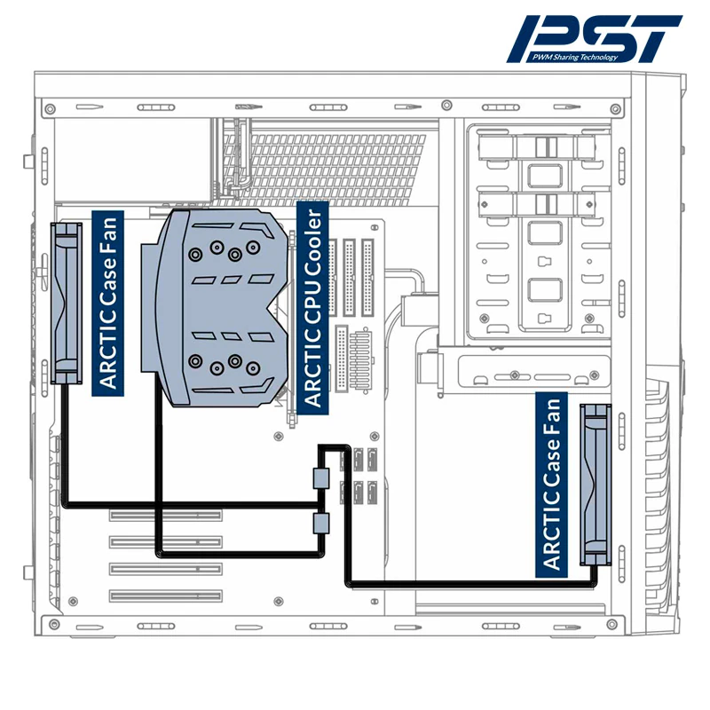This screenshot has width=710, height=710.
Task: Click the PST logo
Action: pyautogui.click(x=595, y=38)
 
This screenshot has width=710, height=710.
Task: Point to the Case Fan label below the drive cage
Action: pyautogui.click(x=550, y=484)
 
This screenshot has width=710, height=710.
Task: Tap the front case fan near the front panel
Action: pyautogui.click(x=596, y=484)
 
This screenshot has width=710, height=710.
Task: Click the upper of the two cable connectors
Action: pyautogui.click(x=321, y=478)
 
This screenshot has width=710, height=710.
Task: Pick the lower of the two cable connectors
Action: pyautogui.click(x=321, y=523)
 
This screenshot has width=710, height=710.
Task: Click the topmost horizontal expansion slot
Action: pyautogui.click(x=166, y=515)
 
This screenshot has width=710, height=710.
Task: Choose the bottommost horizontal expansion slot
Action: pyautogui.click(x=166, y=596)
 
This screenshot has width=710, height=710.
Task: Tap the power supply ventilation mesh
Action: pyautogui.click(x=337, y=161)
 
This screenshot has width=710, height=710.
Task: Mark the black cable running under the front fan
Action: pyautogui.click(x=470, y=583)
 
